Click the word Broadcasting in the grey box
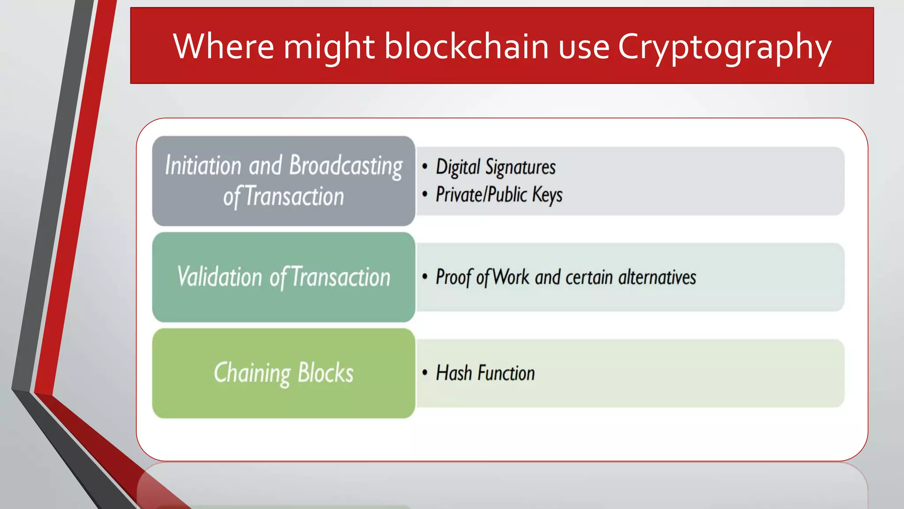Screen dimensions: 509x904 346,166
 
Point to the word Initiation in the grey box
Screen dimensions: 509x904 203,166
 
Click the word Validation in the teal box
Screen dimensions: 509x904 220,277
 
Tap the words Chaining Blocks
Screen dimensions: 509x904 283,373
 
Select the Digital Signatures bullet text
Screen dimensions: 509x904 495,167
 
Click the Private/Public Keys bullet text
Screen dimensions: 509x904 499,195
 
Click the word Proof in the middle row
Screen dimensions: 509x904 454,277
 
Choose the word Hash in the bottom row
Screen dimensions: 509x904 454,373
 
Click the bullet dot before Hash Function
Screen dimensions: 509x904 425,372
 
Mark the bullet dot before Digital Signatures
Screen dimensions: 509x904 425,167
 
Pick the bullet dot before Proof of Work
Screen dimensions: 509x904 425,277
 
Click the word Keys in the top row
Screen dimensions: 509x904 547,195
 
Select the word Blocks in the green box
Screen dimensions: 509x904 325,373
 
